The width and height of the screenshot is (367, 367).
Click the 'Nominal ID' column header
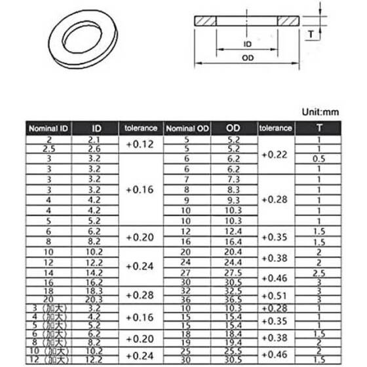click(x=48, y=128)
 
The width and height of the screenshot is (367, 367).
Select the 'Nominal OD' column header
click(x=186, y=128)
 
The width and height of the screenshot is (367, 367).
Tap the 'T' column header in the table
click(x=319, y=128)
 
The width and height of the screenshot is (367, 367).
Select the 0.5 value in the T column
click(x=319, y=159)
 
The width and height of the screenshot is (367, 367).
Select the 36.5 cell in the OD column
click(x=235, y=298)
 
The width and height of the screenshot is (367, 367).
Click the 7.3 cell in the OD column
click(x=235, y=178)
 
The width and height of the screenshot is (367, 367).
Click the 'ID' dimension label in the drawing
click(x=248, y=45)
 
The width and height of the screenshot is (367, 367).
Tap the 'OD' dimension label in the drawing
click(x=248, y=58)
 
